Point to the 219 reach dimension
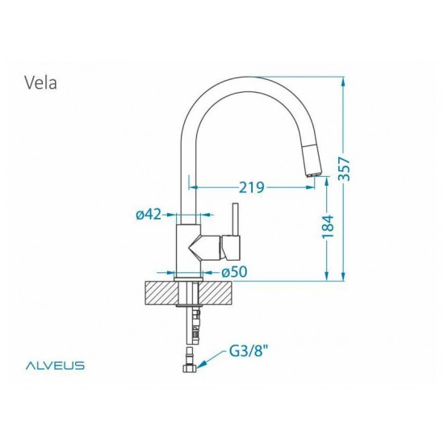point(252,188)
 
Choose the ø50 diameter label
point(232,273)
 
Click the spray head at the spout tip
point(312,165)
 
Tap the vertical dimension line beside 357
point(344,121)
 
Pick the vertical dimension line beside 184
point(326,258)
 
